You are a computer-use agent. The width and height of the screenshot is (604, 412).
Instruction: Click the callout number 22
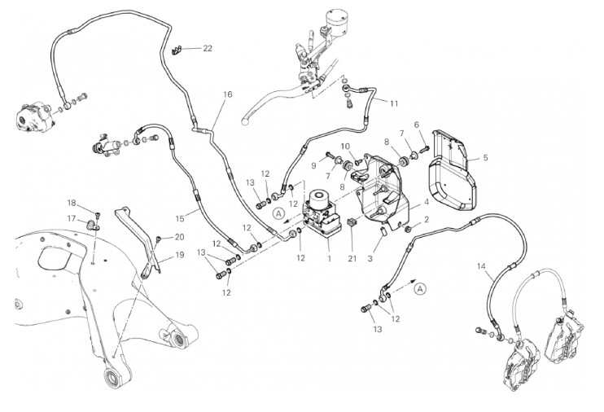coord(208,49)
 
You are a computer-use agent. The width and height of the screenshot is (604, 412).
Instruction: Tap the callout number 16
coord(227,95)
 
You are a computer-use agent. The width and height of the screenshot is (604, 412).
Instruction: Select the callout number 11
coord(394,104)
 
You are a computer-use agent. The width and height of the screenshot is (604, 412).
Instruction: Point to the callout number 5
coord(485,158)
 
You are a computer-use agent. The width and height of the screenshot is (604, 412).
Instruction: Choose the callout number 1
coord(328,256)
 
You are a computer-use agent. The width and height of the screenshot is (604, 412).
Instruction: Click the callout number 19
coord(179,255)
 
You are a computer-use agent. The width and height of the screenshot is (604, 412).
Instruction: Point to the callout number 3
coord(370,258)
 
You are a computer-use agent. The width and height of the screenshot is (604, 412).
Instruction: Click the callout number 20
coord(179,237)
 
